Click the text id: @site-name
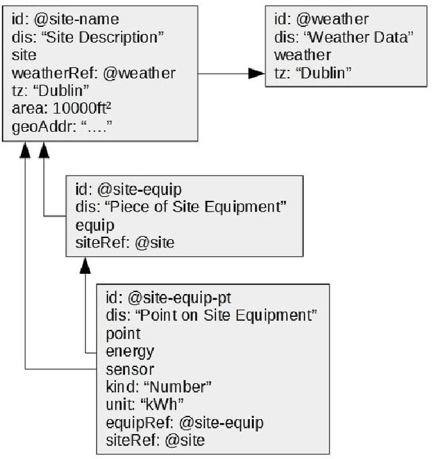click(x=61, y=20)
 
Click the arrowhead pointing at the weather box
click(x=256, y=72)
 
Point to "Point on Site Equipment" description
click(x=212, y=314)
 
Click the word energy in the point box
click(x=130, y=351)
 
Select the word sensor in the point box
click(x=130, y=369)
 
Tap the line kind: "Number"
click(x=159, y=387)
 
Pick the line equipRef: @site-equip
click(x=184, y=422)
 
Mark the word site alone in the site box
click(x=24, y=55)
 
